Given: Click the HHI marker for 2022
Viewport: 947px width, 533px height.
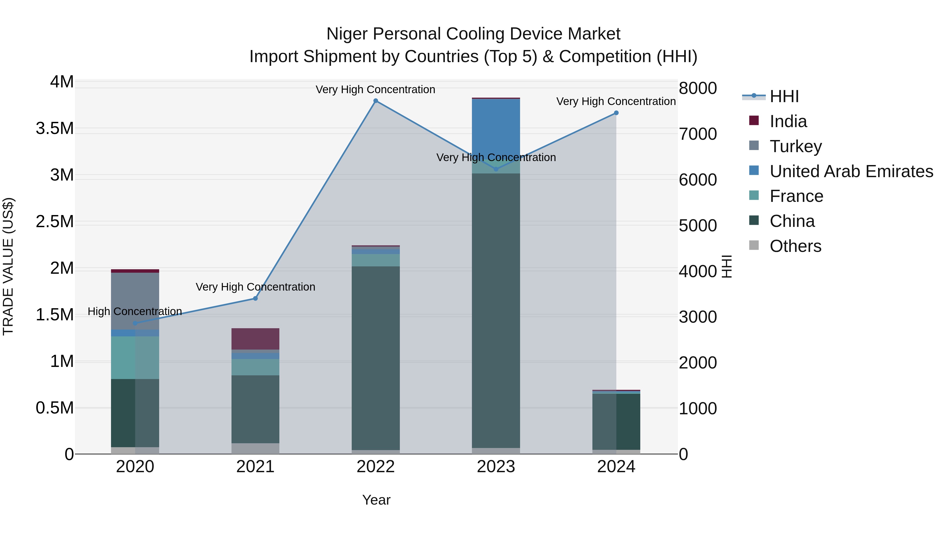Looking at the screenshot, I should pyautogui.click(x=375, y=101).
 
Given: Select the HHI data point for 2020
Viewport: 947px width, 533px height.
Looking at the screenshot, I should pyautogui.click(x=135, y=323).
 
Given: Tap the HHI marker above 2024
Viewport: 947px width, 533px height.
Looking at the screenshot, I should pyautogui.click(x=616, y=113).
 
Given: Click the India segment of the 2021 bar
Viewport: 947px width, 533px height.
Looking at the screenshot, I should pyautogui.click(x=255, y=338).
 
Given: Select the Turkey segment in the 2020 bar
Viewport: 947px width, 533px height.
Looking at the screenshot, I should pyautogui.click(x=135, y=301).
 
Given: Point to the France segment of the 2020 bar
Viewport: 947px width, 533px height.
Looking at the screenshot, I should pyautogui.click(x=135, y=357).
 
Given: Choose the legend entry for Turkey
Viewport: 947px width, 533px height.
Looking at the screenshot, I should pyautogui.click(x=795, y=146).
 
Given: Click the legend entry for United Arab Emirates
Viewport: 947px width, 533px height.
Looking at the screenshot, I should pyautogui.click(x=851, y=171).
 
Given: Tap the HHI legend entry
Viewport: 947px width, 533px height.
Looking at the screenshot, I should pyautogui.click(x=784, y=96).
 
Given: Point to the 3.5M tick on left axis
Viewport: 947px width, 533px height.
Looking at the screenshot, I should pyautogui.click(x=55, y=129).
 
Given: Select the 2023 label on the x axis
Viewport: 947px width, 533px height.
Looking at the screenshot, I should pyautogui.click(x=496, y=467).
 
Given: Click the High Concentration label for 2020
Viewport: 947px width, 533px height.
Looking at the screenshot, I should pyautogui.click(x=134, y=312).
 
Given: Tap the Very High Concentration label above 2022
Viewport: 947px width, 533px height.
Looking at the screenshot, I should pyautogui.click(x=375, y=89).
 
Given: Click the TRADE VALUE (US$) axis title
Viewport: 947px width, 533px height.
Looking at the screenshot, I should pyautogui.click(x=8, y=266).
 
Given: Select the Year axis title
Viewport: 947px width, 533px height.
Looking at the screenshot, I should pyautogui.click(x=376, y=500).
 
